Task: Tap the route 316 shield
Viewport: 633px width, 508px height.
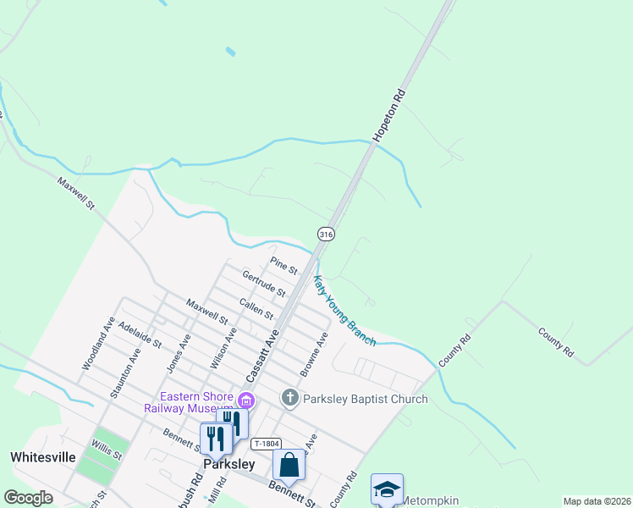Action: (325, 233)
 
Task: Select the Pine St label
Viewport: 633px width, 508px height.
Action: (283, 265)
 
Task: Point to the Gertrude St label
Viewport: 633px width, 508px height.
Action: (263, 284)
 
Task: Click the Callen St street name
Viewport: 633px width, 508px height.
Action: (256, 308)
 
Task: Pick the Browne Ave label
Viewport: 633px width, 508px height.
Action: (313, 354)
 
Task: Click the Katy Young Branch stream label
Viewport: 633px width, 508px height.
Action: (344, 311)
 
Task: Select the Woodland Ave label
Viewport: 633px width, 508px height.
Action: (98, 344)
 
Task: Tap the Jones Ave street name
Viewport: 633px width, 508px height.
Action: (179, 352)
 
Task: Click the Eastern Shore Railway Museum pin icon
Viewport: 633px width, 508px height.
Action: (246, 400)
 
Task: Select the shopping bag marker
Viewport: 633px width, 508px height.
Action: (289, 464)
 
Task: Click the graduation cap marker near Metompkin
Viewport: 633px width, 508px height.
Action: (387, 489)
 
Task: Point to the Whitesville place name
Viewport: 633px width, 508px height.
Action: (43, 456)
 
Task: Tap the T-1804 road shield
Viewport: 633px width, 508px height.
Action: (265, 444)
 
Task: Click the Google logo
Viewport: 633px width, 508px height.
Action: (29, 498)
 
